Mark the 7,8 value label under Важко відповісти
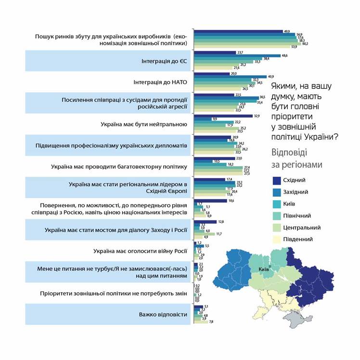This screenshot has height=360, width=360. click(212, 321)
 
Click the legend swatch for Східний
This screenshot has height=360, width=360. click(276, 180)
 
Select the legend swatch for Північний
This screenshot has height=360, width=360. click(276, 216)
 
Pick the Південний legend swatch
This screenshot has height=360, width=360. click(276, 239)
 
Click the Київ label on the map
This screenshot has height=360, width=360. click(263, 269)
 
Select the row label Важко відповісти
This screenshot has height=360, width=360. click(163, 314)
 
